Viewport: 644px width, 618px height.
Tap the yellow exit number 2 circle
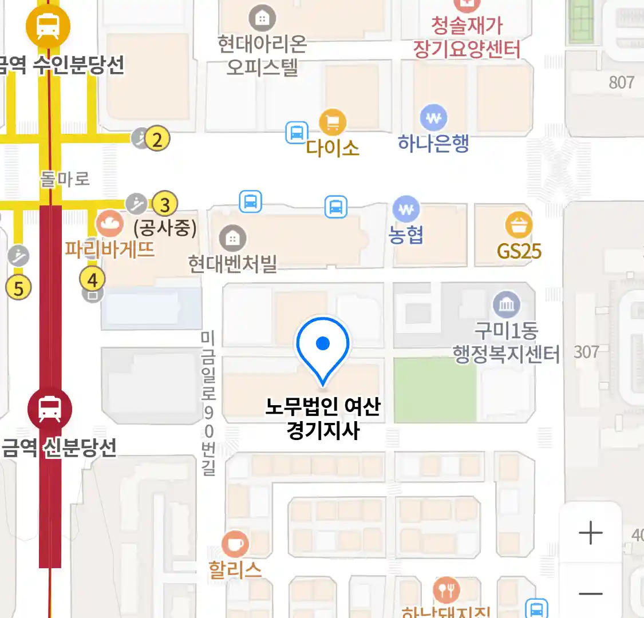tap(157, 138)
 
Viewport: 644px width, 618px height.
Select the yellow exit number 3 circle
tap(165, 204)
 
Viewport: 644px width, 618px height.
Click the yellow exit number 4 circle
tap(92, 280)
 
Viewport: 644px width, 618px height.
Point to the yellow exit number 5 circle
tap(18, 288)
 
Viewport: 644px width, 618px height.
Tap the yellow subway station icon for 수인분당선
tap(48, 26)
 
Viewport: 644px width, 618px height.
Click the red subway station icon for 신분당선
tap(50, 409)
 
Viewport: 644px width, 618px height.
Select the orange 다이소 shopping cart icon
tap(333, 122)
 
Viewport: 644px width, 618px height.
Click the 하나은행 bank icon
tap(433, 118)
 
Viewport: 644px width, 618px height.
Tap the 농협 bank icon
tap(406, 210)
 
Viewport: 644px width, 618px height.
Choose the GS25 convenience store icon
tap(519, 225)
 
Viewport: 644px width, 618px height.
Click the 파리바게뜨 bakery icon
tap(109, 223)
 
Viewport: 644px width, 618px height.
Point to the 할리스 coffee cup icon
tap(235, 544)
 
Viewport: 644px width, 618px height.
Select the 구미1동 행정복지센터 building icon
tap(507, 304)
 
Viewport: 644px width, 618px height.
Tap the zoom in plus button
tap(591, 533)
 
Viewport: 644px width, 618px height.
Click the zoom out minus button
tap(591, 593)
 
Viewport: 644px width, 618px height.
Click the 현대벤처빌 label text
tap(232, 264)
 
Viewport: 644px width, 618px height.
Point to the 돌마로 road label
tap(65, 179)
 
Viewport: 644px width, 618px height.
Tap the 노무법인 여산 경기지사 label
tap(323, 418)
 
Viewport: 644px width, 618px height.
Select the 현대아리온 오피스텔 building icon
tap(262, 19)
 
